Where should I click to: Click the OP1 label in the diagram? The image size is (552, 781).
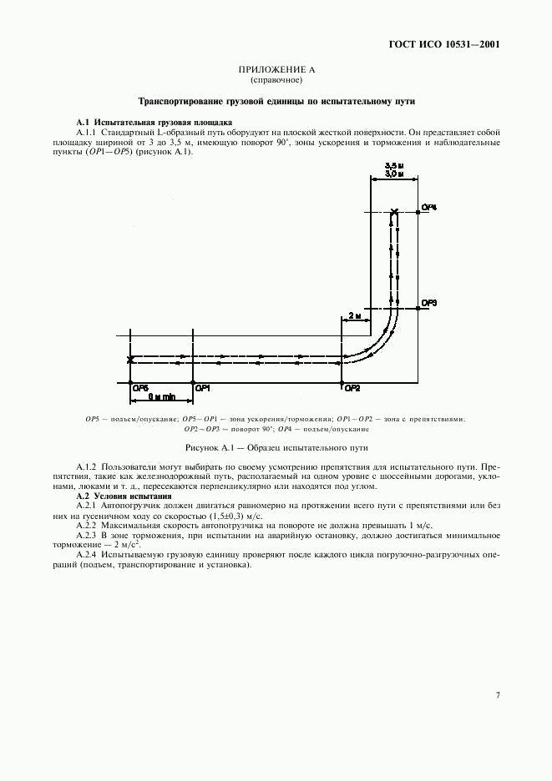(202, 388)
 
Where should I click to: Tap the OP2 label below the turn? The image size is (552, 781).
(352, 389)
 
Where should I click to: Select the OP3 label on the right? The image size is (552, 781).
(429, 303)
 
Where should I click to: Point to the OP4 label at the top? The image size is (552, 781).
(429, 207)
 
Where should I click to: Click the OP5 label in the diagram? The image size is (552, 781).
(140, 388)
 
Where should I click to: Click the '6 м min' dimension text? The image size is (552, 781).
(162, 397)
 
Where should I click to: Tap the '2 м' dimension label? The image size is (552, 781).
(355, 315)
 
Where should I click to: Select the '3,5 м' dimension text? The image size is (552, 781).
(394, 166)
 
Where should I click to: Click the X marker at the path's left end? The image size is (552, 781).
(130, 360)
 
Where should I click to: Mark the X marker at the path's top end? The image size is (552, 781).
(394, 213)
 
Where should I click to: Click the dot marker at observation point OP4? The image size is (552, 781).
(418, 212)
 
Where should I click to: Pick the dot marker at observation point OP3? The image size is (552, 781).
(418, 309)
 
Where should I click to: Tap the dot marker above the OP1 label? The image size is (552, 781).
(193, 382)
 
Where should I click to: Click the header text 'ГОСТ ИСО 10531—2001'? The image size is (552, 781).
(443, 44)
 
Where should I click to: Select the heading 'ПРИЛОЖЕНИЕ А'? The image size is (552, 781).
(276, 70)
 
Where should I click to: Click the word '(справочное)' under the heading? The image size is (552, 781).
(276, 80)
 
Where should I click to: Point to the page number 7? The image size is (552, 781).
(497, 695)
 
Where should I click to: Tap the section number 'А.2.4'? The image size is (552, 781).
(87, 554)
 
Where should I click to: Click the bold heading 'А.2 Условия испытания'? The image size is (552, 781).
(124, 496)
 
